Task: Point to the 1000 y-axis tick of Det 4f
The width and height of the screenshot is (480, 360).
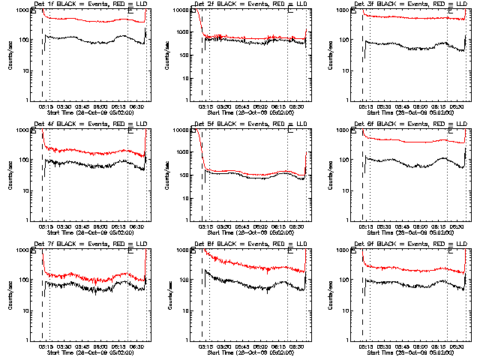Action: point(22,130)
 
